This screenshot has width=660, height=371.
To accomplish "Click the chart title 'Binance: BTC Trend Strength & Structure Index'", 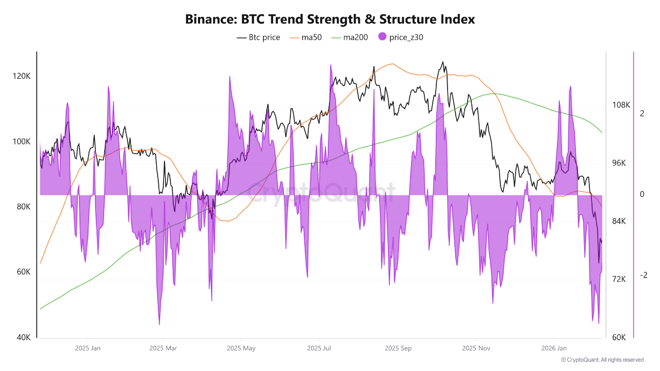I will tap(330, 20).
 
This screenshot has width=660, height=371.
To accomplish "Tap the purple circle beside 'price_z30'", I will tap(383, 37).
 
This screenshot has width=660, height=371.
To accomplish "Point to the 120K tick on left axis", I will tap(21, 76).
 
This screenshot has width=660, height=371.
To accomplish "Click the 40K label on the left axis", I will tap(23, 338).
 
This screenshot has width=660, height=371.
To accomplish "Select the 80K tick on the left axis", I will tap(23, 207).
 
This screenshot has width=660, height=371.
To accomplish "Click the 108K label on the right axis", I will tap(621, 105).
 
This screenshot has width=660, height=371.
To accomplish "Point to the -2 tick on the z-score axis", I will tap(643, 275).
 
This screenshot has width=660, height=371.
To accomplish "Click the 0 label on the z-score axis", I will tap(642, 194).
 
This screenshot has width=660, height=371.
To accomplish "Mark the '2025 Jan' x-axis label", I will tap(88, 348).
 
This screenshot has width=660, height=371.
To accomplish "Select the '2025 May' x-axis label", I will tap(242, 348).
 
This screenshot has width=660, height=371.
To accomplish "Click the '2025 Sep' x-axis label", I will tap(398, 348).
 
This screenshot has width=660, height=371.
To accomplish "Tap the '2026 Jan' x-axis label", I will tap(554, 348).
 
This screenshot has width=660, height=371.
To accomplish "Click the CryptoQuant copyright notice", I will tap(602, 360).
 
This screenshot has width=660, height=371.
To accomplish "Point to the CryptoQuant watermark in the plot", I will tap(320, 194).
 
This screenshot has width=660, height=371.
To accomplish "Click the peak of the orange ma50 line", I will tap(393, 64).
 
